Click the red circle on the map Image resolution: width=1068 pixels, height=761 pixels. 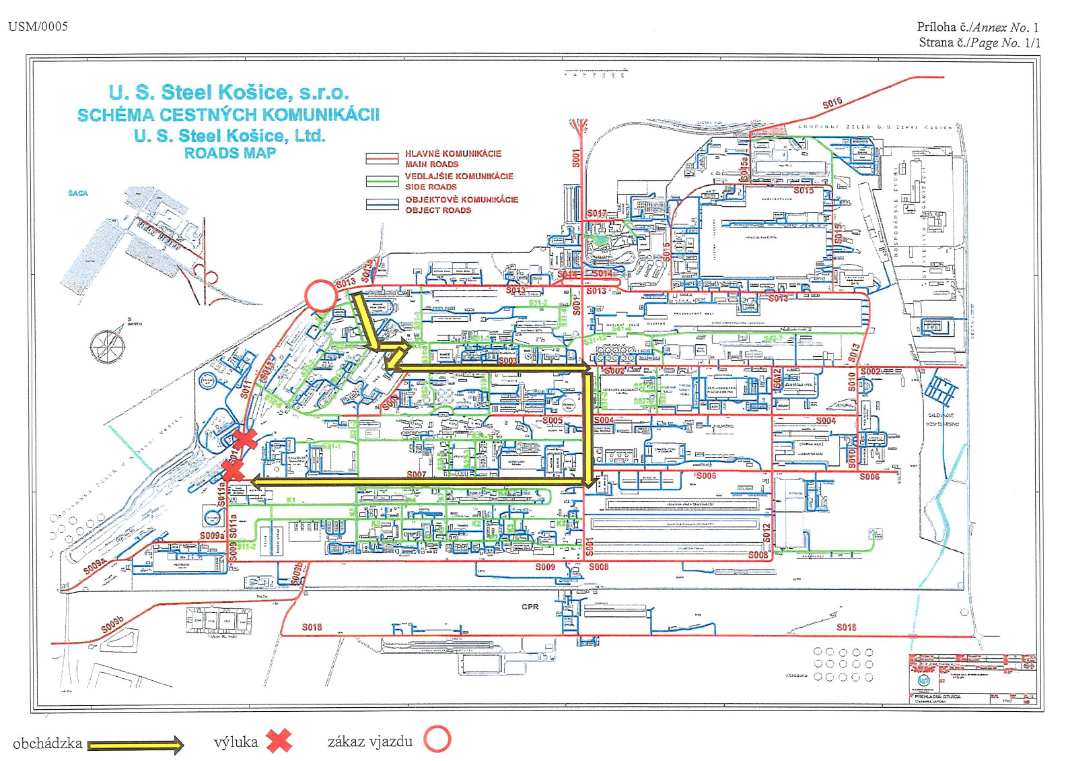pyautogui.click(x=321, y=296)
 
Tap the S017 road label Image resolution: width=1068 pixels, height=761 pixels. pyautogui.click(x=596, y=213)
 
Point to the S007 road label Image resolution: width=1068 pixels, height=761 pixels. pyautogui.click(x=417, y=475)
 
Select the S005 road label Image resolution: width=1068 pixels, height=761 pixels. pyautogui.click(x=553, y=420)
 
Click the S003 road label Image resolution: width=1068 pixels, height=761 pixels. pyautogui.click(x=508, y=361)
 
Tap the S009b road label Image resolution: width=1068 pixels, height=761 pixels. pyautogui.click(x=112, y=625)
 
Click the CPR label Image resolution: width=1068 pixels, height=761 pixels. pyautogui.click(x=530, y=607)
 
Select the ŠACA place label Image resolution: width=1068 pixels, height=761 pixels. pyautogui.click(x=78, y=193)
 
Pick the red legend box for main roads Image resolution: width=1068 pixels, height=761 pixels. pyautogui.click(x=382, y=159)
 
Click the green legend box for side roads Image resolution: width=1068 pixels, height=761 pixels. pyautogui.click(x=382, y=182)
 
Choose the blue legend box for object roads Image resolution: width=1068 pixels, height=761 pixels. pyautogui.click(x=382, y=205)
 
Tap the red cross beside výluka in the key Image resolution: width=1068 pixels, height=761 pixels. pyautogui.click(x=279, y=741)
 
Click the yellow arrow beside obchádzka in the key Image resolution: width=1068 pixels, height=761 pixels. pyautogui.click(x=135, y=745)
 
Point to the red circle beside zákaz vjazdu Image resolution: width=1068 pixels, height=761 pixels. pyautogui.click(x=437, y=739)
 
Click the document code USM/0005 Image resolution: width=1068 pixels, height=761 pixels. pyautogui.click(x=38, y=27)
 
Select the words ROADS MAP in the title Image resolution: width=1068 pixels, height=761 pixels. pyautogui.click(x=230, y=154)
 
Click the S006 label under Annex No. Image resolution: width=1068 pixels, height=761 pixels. pyautogui.click(x=869, y=477)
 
